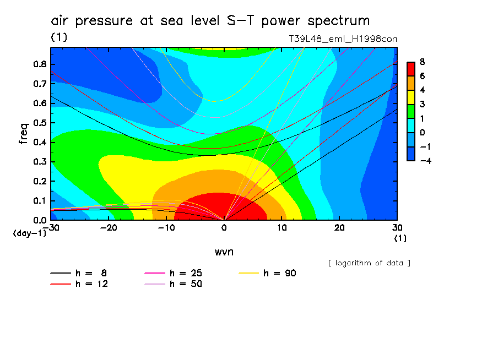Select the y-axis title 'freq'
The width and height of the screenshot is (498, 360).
tap(23, 133)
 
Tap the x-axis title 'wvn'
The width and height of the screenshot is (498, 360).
tap(224, 252)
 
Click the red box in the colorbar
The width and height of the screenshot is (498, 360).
tap(411, 69)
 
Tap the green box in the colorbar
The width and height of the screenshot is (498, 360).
tap(411, 111)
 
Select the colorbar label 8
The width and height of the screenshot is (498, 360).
tap(421, 62)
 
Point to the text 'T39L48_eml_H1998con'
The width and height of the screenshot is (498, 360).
tap(343, 39)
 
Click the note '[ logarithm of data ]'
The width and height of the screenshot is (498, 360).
tap(369, 263)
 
